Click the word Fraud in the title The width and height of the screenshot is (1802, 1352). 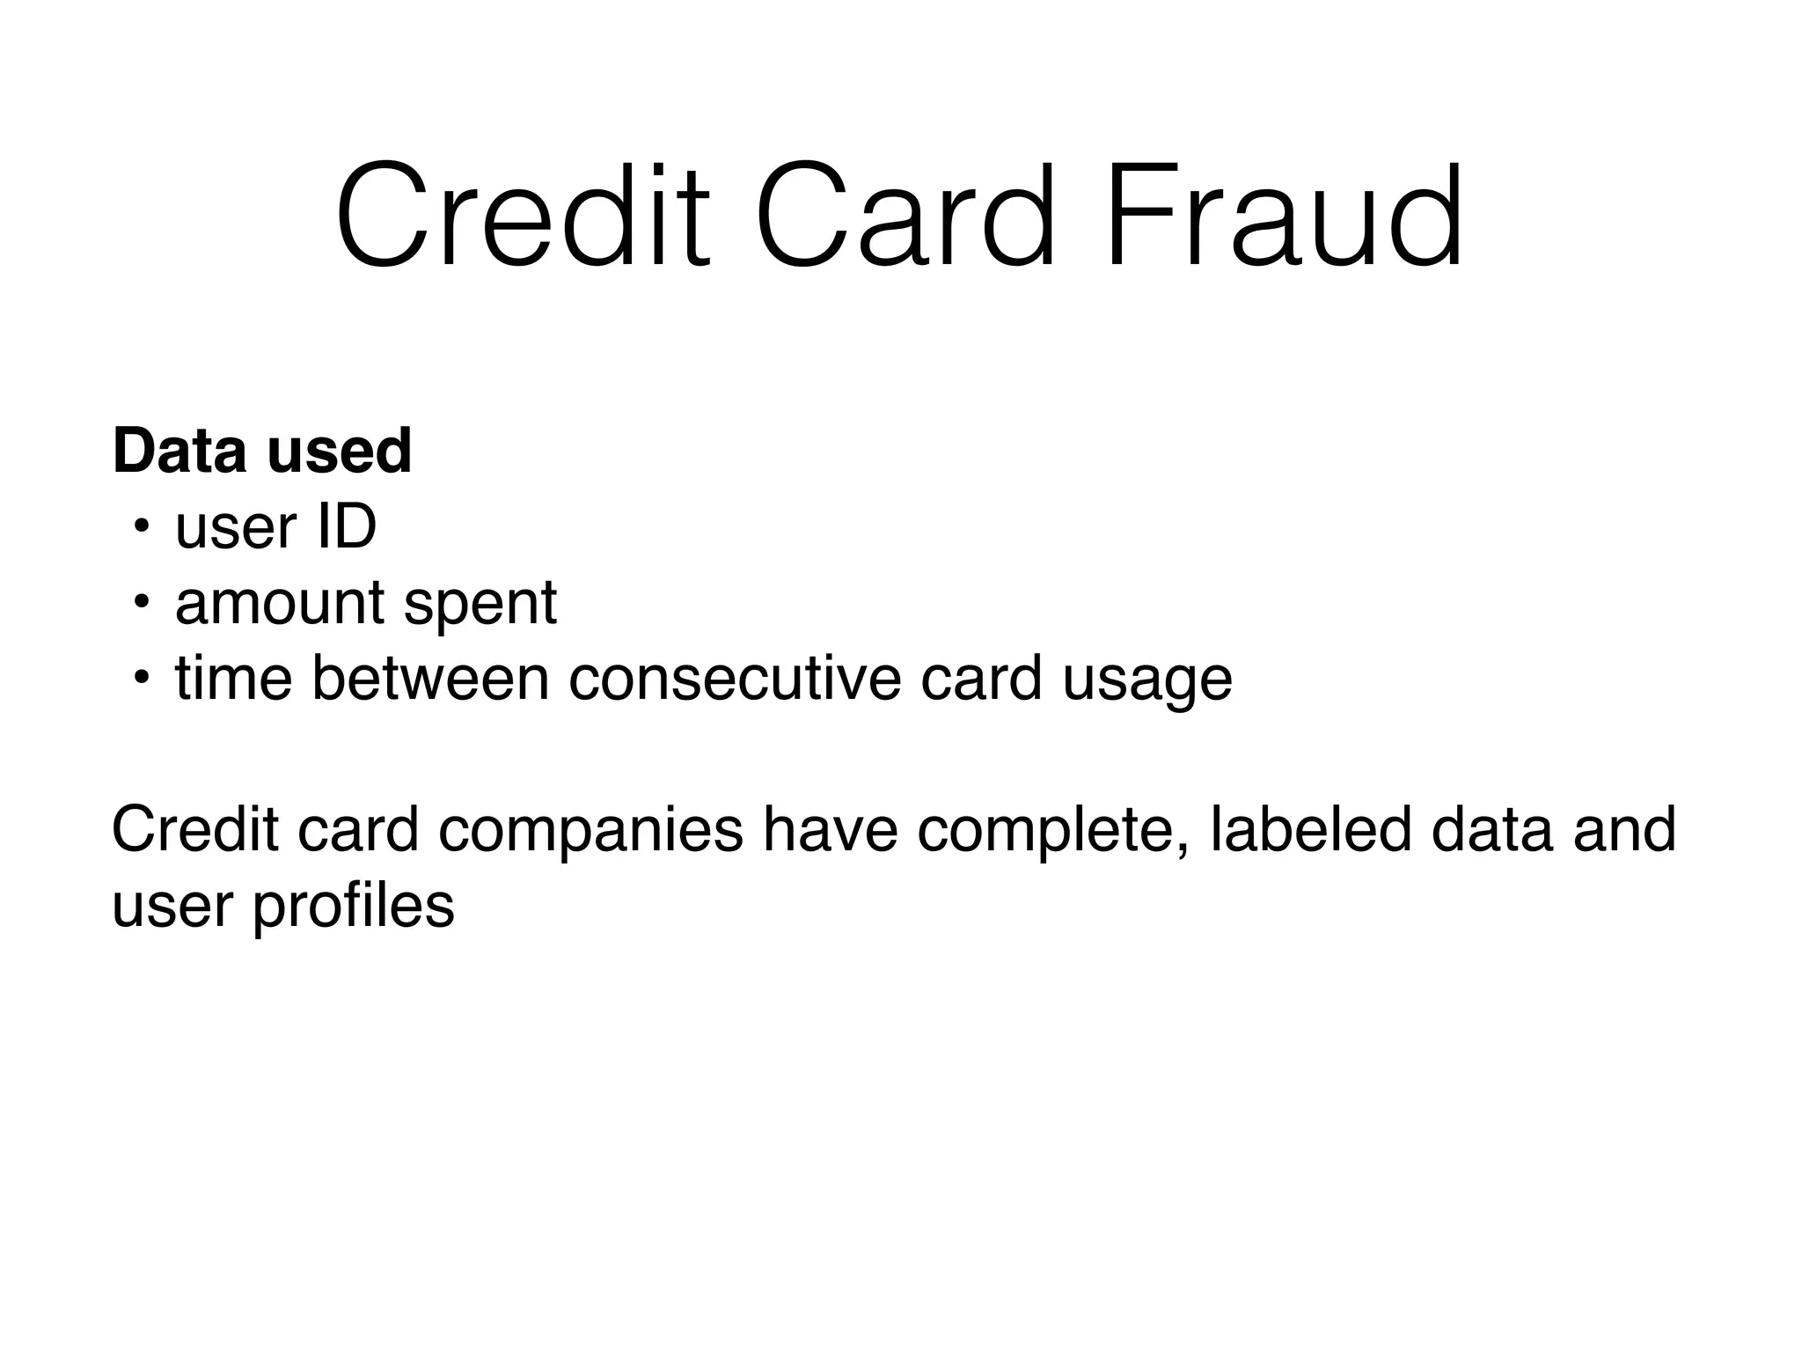point(1284,215)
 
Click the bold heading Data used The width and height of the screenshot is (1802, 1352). point(262,451)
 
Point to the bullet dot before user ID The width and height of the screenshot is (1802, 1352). point(140,528)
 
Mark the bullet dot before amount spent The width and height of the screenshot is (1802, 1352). point(140,604)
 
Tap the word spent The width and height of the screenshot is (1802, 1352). point(480,607)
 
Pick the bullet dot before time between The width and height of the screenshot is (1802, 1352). point(140,680)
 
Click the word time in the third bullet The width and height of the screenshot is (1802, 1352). point(233,679)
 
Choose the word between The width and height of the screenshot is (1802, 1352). point(430,679)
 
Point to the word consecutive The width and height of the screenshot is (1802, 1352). point(735,679)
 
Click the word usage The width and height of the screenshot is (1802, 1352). point(1147,683)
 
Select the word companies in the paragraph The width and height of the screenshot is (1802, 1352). point(590,831)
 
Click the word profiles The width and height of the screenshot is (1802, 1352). point(354,906)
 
